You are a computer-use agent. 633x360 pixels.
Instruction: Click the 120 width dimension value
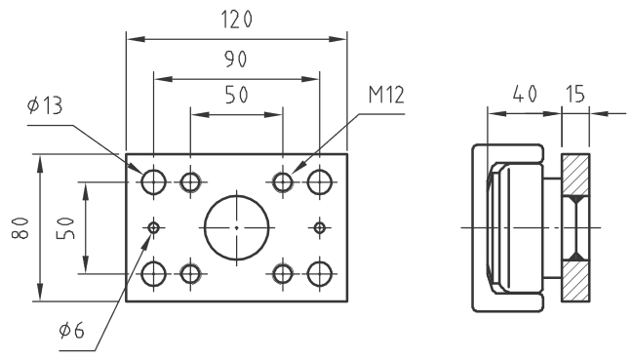coord(237,20)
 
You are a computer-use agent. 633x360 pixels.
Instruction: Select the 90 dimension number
coord(235,60)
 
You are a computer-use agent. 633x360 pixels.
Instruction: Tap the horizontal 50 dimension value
coord(236,95)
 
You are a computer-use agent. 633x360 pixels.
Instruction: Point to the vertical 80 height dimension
coord(20,227)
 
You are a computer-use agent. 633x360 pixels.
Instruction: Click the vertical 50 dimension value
coord(65,228)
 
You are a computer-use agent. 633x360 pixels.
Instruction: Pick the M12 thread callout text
coord(386,96)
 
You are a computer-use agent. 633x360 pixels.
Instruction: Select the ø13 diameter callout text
coord(45,105)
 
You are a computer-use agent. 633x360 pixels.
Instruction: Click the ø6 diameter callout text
coord(71,331)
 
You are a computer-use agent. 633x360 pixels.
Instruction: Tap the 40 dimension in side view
coord(525,95)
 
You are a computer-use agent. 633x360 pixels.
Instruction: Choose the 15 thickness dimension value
coord(574,94)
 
